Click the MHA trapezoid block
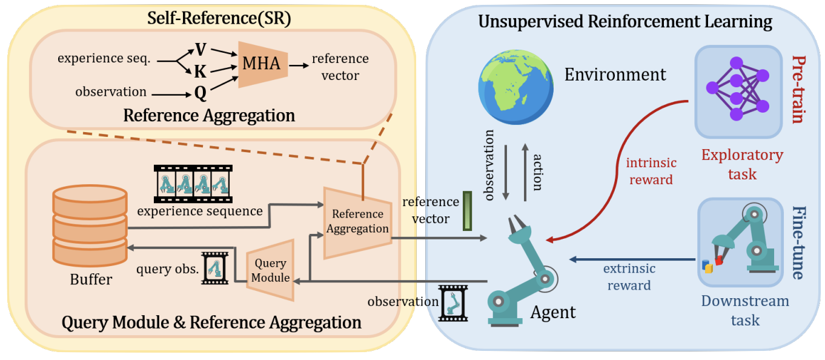(262, 63)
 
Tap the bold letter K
(200, 72)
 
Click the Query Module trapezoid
(271, 270)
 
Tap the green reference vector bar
(467, 211)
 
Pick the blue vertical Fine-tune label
(798, 242)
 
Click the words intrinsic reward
(651, 171)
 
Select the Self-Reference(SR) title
(219, 19)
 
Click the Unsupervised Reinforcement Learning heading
(625, 22)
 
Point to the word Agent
(553, 312)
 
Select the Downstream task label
(745, 310)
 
